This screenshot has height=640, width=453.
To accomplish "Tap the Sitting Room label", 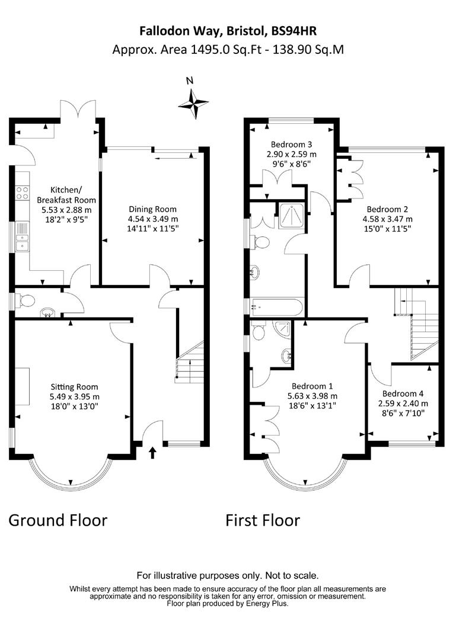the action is coord(74,387).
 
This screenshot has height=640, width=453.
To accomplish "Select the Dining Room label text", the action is coord(152,209).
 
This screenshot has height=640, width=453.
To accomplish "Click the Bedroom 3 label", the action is coord(291,144).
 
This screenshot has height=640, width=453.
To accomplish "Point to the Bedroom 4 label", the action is coord(403,394).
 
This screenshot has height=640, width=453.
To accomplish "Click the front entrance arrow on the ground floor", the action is coord(152,452).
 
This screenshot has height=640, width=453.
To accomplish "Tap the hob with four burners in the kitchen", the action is coord(23,193).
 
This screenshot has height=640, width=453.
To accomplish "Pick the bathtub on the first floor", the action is coord(276,308).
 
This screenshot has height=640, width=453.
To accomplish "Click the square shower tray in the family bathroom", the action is coord(292,216).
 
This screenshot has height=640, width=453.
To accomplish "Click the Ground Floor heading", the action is coord(58,520).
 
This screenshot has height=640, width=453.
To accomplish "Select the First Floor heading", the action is coord(263,520).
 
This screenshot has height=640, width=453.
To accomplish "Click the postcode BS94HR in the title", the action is coord(291,31).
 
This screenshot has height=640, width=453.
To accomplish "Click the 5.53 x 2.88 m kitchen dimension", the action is coord(66,210).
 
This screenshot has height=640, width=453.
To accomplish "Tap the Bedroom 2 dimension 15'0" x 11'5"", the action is coord(387,229).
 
